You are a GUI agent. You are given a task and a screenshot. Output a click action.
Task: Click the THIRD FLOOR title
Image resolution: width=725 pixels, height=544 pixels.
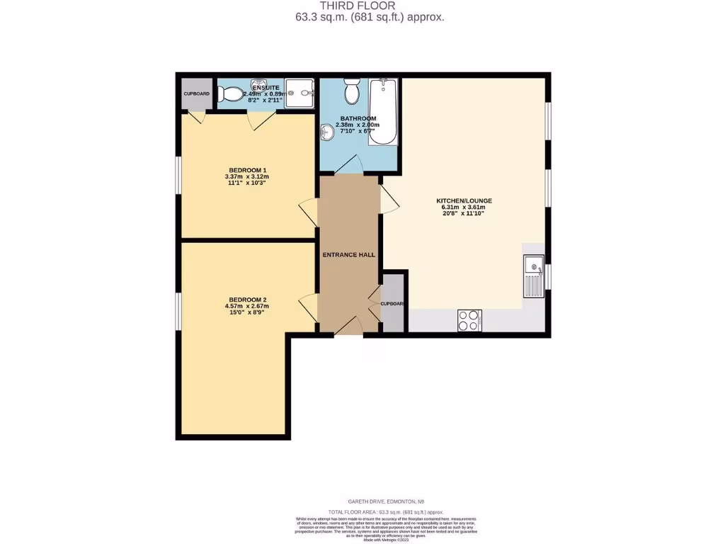[362, 6]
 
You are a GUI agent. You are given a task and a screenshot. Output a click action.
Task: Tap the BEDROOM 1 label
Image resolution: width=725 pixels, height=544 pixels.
[246, 170]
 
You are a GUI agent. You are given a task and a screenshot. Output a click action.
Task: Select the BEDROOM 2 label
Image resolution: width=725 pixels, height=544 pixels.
[247, 299]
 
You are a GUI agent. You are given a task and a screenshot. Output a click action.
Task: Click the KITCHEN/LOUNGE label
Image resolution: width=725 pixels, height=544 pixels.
[464, 201]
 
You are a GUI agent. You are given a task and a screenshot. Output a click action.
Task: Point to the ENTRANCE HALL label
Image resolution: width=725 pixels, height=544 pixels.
[349, 255]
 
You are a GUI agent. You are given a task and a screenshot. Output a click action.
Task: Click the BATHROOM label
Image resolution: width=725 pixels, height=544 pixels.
[358, 118]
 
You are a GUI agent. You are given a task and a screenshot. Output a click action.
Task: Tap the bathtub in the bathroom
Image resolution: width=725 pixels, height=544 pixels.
[383, 111]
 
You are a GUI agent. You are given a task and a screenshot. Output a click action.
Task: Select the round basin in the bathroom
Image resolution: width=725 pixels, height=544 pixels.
[328, 132]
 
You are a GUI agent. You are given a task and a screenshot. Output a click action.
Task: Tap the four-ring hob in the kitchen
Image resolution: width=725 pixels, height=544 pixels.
[469, 320]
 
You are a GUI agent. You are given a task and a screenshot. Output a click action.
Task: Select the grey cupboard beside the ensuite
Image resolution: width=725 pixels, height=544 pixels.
[195, 93]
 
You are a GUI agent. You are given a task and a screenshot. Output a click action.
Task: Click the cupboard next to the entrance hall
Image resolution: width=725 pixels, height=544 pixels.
[392, 304]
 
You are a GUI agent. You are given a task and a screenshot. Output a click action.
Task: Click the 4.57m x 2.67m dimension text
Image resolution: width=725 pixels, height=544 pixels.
[247, 306]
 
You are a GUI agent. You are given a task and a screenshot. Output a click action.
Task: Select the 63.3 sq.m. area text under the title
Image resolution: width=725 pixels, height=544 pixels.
[370, 18]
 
